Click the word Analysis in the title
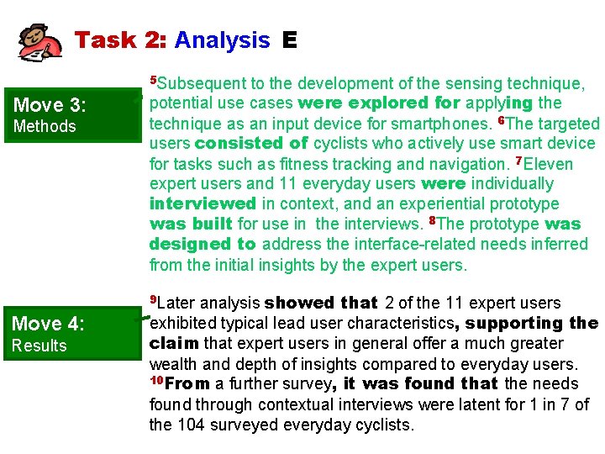[222, 40]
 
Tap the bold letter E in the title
[290, 40]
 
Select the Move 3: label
[50, 105]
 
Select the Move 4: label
[50, 324]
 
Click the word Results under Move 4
[39, 346]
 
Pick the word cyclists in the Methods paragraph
[342, 144]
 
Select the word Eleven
[548, 164]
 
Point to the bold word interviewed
[203, 204]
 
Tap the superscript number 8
[431, 221]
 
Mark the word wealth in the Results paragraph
[173, 364]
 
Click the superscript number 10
[155, 381]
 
